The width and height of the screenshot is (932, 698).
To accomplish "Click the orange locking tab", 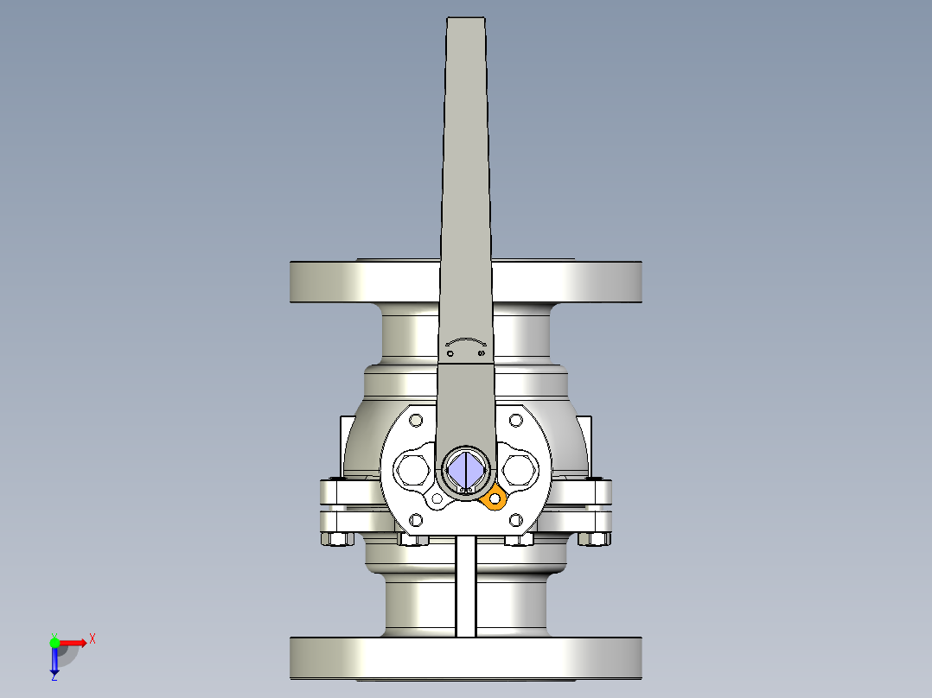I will (495, 498).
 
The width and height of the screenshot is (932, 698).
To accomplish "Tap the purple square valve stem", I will (466, 470).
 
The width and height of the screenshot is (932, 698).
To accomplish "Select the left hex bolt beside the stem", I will (411, 471).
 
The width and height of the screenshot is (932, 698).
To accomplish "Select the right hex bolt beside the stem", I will (520, 471).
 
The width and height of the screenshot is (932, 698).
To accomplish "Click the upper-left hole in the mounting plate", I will (416, 421).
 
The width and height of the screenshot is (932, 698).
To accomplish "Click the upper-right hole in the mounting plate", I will (516, 421).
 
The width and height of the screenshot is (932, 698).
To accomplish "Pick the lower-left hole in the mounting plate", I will (416, 520).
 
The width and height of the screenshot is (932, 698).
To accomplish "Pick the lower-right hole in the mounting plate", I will (516, 520).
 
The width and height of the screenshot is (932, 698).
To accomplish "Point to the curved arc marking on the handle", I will (466, 341).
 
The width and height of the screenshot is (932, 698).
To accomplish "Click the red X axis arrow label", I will (92, 639).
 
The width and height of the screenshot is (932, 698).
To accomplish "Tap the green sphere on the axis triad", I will (54, 642).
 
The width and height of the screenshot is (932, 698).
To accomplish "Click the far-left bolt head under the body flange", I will (337, 540).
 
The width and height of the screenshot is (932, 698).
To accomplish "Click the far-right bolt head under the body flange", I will (594, 540).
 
